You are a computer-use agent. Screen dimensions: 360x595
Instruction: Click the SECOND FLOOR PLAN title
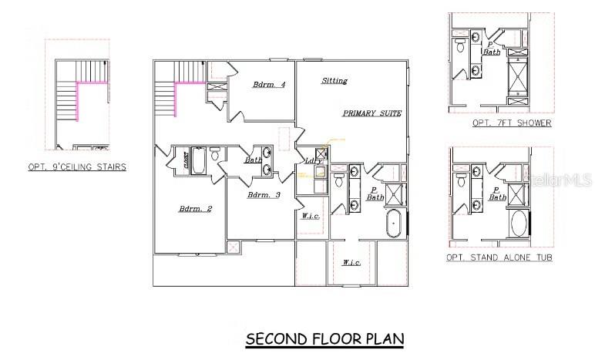pos(324,339)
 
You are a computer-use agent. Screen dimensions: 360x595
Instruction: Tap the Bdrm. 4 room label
pos(269,85)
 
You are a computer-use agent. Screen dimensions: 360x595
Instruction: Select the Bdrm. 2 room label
pos(195,209)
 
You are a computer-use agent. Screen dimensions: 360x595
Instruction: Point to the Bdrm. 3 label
pos(264,195)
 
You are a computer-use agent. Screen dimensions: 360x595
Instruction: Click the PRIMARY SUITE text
pos(372,113)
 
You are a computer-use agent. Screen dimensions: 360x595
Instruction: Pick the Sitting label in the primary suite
pos(334,80)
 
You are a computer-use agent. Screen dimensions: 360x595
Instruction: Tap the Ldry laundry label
pos(314,160)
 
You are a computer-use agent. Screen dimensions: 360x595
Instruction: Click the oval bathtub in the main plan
pos(394,224)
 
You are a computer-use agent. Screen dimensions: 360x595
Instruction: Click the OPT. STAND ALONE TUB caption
pos(499,257)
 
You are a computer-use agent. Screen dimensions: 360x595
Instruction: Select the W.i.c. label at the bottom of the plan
pos(351,263)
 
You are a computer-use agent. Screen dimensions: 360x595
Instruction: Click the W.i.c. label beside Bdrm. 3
pos(311,216)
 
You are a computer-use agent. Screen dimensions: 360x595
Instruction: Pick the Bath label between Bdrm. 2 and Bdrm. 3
pos(253,160)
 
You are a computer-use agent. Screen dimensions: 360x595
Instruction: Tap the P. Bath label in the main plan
pos(375,193)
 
